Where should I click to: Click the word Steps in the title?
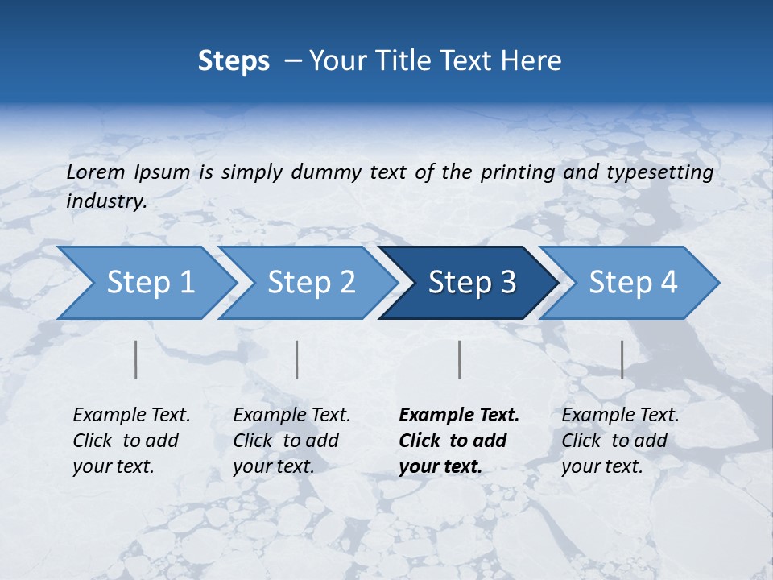(234, 61)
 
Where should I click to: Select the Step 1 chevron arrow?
(145, 283)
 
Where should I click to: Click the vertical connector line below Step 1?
(135, 359)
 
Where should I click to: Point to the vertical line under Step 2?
(297, 359)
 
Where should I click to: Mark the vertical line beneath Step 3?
(460, 359)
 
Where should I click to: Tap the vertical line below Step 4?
(622, 359)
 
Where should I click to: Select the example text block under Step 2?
(291, 441)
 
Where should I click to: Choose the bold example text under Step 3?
(458, 441)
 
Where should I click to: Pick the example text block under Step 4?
(619, 441)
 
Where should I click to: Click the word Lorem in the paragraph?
(95, 172)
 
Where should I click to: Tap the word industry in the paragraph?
(105, 201)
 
